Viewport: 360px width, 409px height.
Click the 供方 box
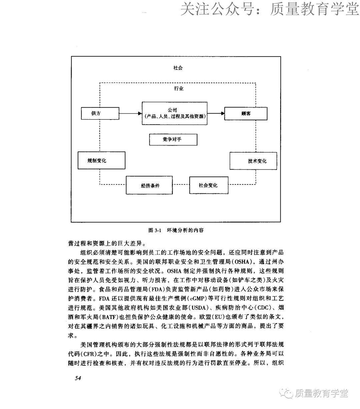click(96, 113)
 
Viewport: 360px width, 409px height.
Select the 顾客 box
click(246, 113)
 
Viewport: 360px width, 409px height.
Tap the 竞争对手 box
click(173, 140)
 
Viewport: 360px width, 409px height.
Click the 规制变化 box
click(97, 161)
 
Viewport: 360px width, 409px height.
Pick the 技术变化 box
click(253, 161)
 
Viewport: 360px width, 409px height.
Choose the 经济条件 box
click(149, 185)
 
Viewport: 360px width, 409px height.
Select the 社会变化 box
click(208, 185)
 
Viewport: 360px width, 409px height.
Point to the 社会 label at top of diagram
click(178, 68)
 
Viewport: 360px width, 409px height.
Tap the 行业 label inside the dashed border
click(179, 89)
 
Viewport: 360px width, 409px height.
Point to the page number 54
click(78, 378)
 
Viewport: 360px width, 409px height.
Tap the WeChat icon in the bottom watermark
click(286, 393)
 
